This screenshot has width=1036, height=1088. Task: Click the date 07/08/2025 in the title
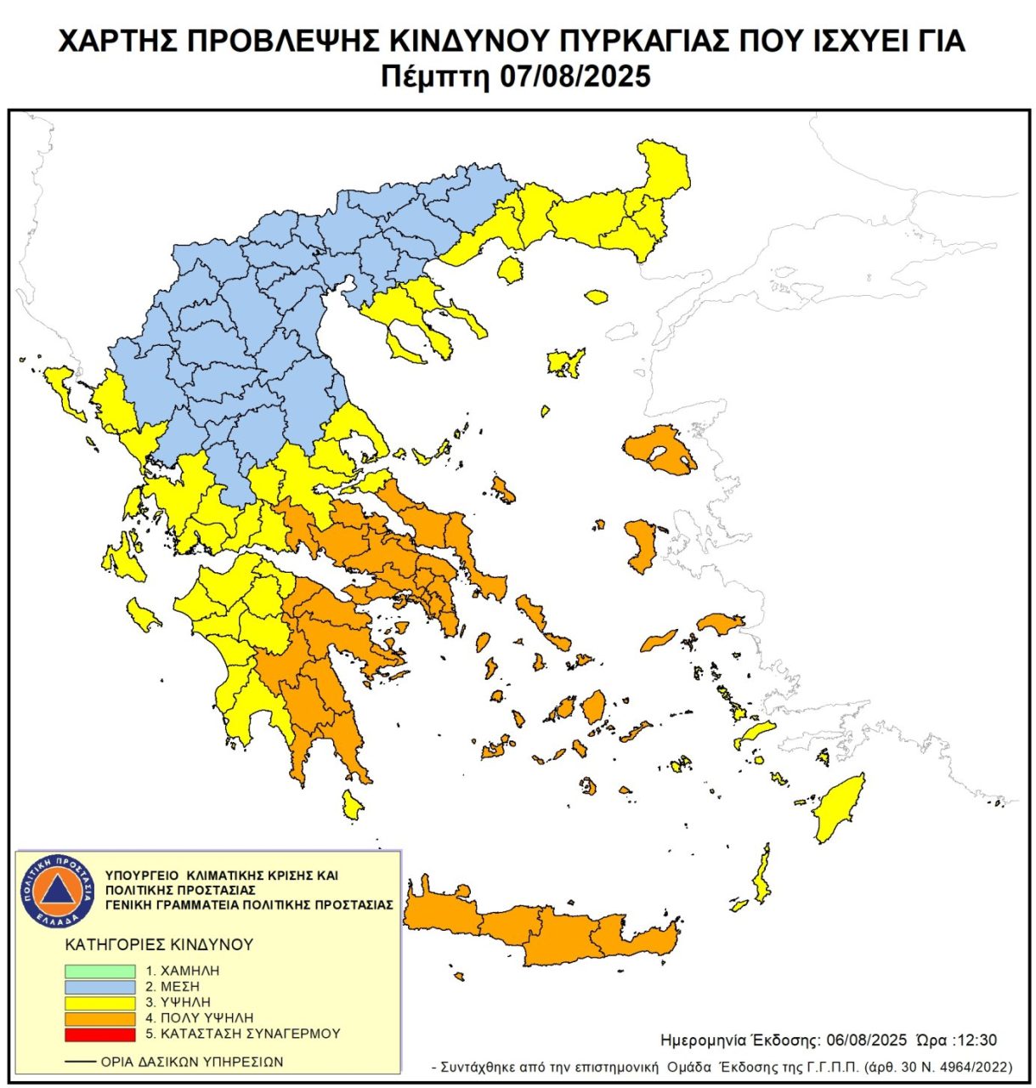(574, 76)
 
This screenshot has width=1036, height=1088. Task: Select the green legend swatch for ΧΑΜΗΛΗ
(100, 971)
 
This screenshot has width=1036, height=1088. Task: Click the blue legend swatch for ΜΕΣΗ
(100, 987)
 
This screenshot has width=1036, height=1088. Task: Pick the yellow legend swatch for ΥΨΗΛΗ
(100, 1002)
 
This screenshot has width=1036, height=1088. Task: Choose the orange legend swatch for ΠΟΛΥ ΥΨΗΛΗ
(100, 1018)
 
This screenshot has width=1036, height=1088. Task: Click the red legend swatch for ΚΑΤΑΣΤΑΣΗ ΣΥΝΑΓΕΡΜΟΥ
(100, 1034)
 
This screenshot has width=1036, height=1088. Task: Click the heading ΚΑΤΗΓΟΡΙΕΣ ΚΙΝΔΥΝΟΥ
(159, 944)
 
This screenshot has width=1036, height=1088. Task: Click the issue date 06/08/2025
(861, 1040)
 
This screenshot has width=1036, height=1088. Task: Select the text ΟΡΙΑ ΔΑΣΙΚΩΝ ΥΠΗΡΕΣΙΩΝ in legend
(191, 1062)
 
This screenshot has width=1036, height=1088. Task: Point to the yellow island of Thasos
(509, 271)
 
